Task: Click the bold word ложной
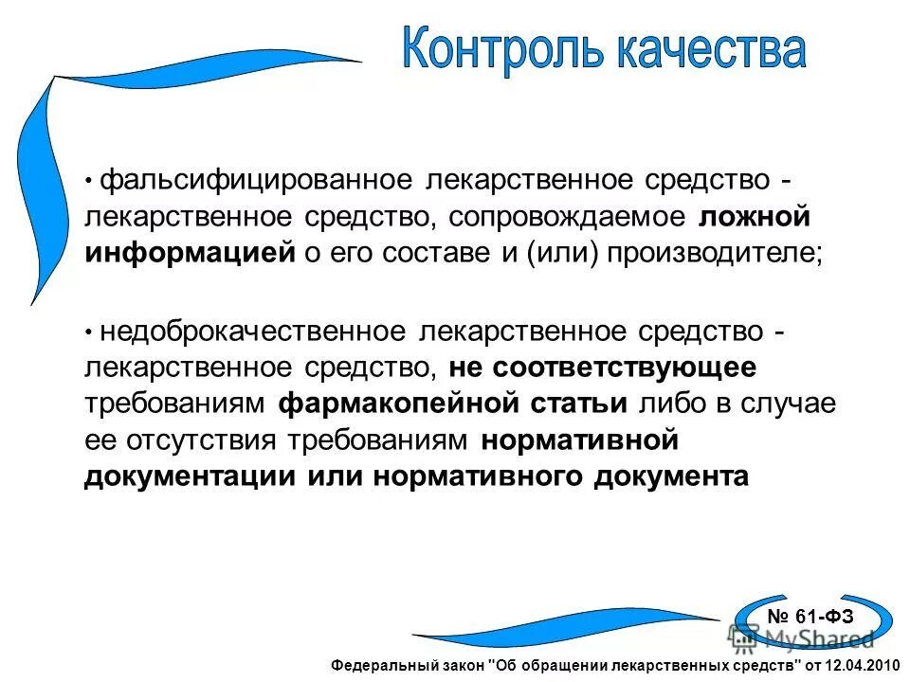(x=755, y=217)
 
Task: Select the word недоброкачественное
(x=255, y=332)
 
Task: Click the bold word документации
(x=190, y=476)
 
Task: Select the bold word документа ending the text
(x=671, y=476)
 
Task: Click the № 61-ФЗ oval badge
(x=810, y=617)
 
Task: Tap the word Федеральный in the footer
(x=374, y=666)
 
